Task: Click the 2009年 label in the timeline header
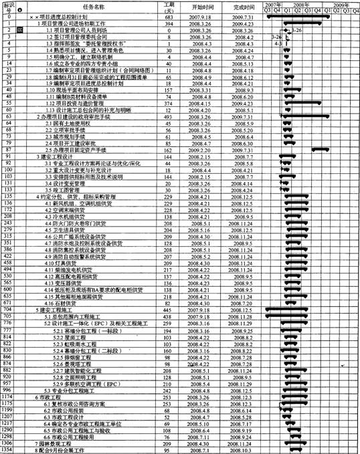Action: pos(342,3)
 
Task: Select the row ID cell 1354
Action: pos(9,449)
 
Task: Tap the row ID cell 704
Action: pos(9,311)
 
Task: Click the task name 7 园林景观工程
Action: pos(59,443)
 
